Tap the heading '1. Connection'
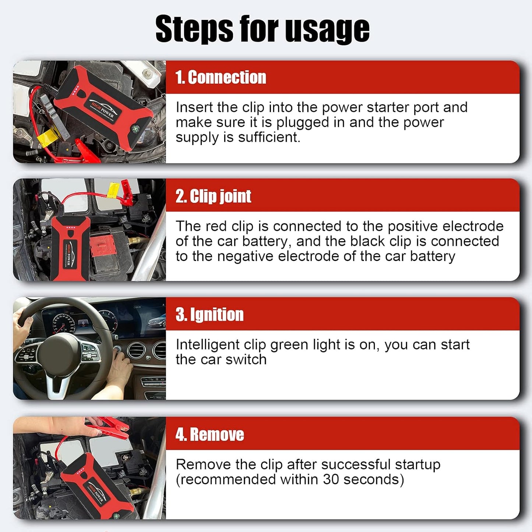(221, 78)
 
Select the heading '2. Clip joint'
(213, 196)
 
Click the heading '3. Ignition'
(209, 315)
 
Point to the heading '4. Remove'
(209, 434)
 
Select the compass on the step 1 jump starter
(135, 129)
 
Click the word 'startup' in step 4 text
(418, 465)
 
